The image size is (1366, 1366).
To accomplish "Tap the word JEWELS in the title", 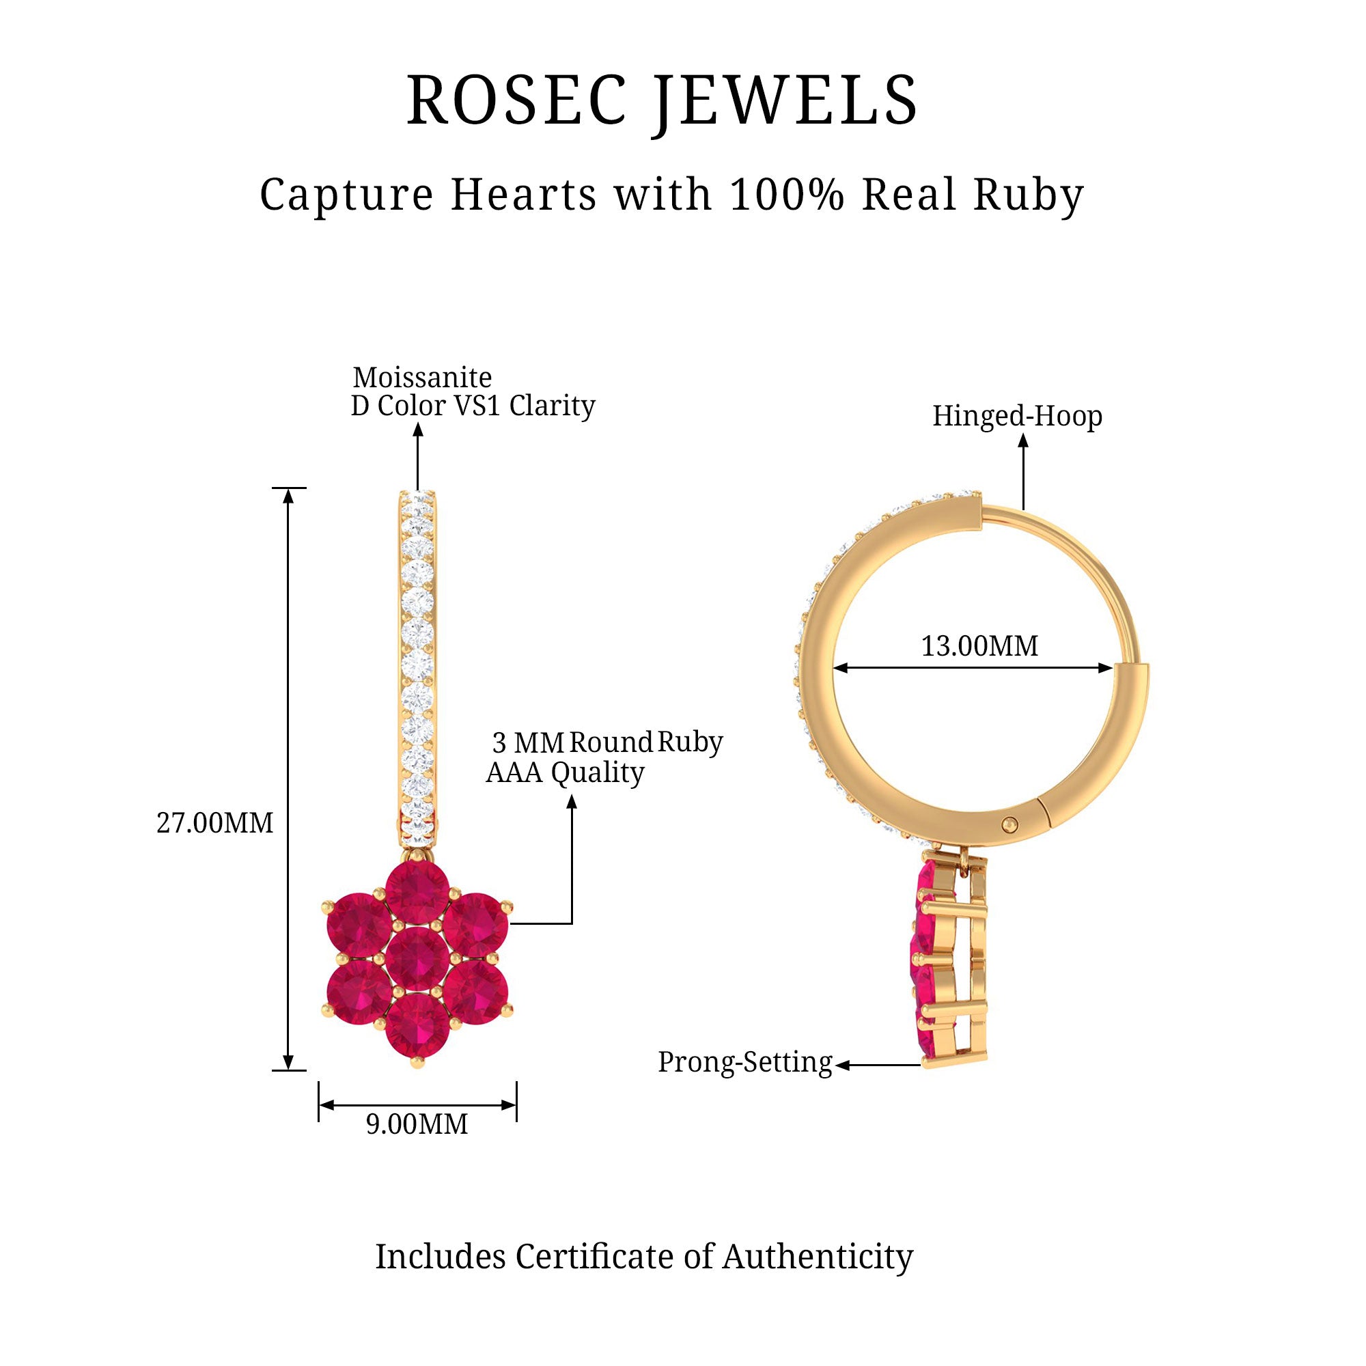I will [785, 100].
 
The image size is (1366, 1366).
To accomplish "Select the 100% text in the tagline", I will [787, 195].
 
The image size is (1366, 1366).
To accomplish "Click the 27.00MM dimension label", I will [214, 823].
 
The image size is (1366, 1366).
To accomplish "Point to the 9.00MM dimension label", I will [417, 1124].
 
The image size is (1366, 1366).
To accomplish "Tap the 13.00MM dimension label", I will [979, 646].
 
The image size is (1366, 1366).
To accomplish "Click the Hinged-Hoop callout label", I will [1017, 416].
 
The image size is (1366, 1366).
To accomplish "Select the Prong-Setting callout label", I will [744, 1062].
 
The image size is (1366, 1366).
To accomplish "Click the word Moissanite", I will [422, 378].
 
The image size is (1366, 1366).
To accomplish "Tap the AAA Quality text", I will [565, 772].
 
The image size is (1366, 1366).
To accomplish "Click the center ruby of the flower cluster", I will [418, 960].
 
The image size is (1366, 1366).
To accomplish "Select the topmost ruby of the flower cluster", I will [418, 892].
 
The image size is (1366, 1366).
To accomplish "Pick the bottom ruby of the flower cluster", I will [418, 1026].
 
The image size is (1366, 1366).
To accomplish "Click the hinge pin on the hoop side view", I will [1011, 823].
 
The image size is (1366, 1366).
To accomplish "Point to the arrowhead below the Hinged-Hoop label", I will [1023, 441].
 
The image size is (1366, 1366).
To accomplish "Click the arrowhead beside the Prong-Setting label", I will [841, 1065].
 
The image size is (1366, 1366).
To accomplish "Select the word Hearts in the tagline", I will [523, 195].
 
